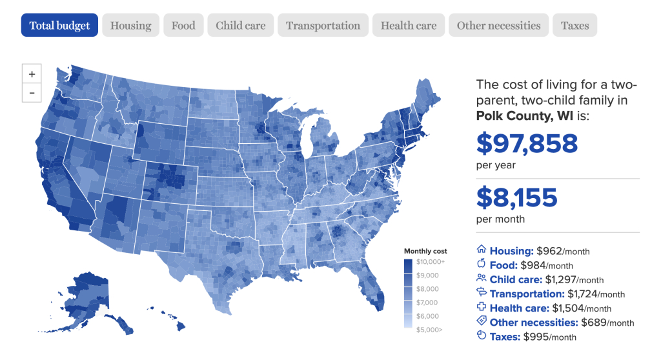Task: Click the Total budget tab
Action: (59, 26)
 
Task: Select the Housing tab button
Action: (130, 26)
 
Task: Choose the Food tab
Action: (183, 26)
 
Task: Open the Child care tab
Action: (241, 26)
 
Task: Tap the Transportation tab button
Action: (323, 26)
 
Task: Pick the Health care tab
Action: (409, 26)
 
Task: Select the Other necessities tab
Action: (498, 26)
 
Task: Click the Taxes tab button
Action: (575, 26)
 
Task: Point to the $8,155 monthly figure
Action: (516, 197)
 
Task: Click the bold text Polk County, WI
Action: (527, 116)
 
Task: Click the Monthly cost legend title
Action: (425, 251)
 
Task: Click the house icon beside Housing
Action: (481, 250)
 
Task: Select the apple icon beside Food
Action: (481, 264)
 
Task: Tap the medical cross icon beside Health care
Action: (481, 308)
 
